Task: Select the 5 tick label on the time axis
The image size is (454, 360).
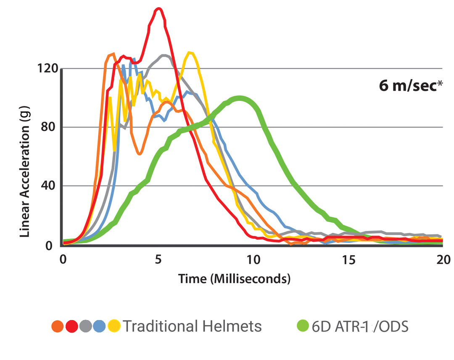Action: tap(158, 259)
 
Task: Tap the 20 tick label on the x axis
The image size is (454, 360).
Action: tap(442, 259)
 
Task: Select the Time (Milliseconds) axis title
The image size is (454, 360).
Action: tap(234, 278)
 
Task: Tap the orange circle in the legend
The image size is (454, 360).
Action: tap(58, 326)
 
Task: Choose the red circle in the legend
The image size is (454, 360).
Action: tap(71, 326)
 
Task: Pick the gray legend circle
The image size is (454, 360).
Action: tap(85, 326)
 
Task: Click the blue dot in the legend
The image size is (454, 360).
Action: tap(100, 326)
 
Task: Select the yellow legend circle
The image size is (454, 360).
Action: tap(113, 326)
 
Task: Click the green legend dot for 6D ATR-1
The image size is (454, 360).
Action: tap(303, 326)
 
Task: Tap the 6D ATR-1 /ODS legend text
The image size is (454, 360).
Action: tap(360, 326)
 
